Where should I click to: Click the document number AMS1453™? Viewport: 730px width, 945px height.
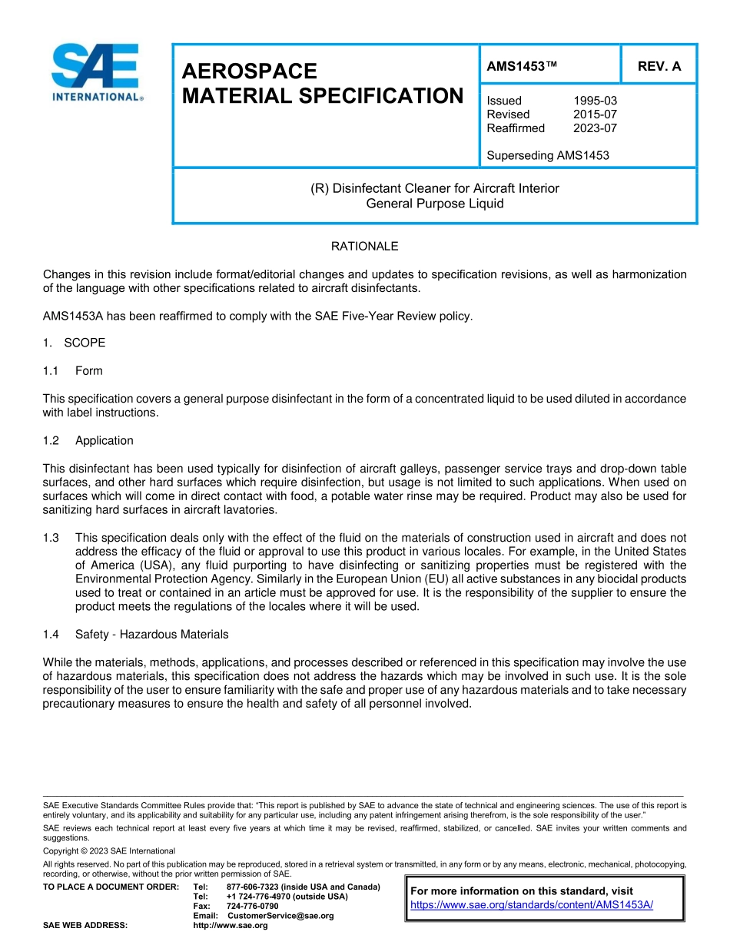[521, 66]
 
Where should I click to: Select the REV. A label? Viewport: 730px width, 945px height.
[659, 66]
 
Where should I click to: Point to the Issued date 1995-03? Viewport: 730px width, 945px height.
[595, 101]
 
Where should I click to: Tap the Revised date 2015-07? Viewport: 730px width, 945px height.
[595, 114]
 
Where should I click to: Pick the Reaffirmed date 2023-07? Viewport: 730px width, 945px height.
[595, 128]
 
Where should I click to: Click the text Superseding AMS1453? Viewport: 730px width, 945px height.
[547, 155]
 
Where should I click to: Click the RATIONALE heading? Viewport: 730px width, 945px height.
[364, 247]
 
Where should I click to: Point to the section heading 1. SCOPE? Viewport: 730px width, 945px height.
[75, 343]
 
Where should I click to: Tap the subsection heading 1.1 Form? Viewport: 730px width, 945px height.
[73, 370]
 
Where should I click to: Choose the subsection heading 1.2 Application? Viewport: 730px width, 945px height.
[88, 440]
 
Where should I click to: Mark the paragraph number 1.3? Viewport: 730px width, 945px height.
[51, 538]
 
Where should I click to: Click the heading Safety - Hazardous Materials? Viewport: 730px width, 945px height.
[151, 635]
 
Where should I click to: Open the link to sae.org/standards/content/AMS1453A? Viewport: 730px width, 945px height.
[532, 904]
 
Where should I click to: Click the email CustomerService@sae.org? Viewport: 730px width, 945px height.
[280, 916]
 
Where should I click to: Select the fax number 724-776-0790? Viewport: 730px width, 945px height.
[252, 907]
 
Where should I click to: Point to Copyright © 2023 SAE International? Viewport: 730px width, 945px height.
[109, 850]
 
